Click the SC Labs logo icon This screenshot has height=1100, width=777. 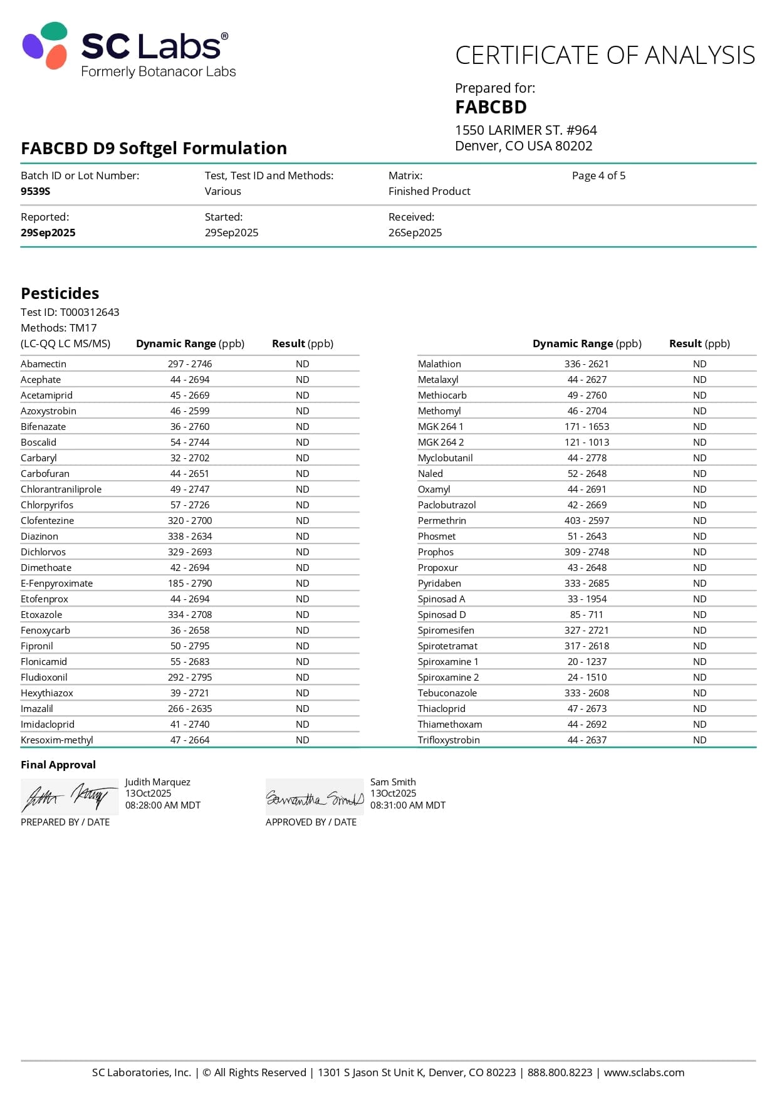45,45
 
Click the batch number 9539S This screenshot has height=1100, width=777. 35,191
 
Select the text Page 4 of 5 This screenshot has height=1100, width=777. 598,175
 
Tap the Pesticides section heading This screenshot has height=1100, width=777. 60,293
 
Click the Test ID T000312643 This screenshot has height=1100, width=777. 89,312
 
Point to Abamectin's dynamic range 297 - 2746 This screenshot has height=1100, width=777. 190,364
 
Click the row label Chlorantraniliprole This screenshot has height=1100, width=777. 61,489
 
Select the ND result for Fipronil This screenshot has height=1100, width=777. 303,646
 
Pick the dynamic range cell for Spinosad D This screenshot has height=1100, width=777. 587,614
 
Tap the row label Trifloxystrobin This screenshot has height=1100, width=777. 449,740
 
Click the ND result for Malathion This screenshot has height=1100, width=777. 699,364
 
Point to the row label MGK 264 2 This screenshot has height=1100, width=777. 441,442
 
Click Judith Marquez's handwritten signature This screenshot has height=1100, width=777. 69,797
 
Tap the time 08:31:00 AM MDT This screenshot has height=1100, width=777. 408,805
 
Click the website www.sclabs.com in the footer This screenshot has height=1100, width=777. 644,1072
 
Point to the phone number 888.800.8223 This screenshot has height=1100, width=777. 560,1072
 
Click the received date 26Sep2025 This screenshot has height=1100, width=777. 415,233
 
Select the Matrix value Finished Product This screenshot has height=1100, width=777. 429,191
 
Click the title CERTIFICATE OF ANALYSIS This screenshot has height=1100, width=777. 605,55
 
